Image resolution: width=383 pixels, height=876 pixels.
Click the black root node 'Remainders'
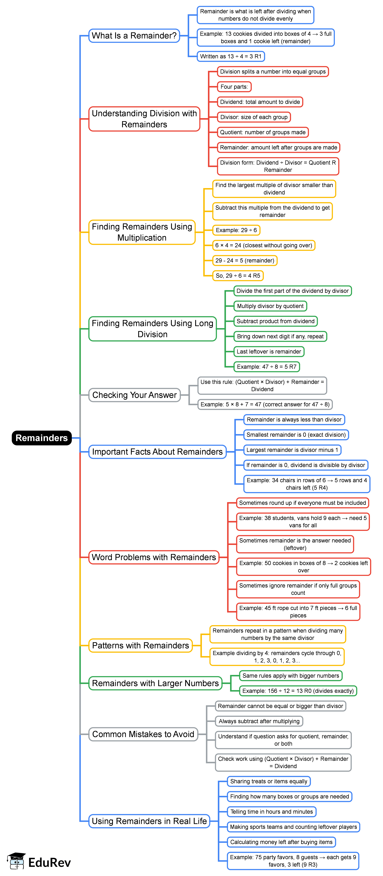pos(42,438)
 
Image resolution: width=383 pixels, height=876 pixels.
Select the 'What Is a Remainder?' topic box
pos(134,36)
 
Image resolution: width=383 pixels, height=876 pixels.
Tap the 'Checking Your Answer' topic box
pos(134,395)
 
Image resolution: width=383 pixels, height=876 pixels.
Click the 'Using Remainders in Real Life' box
pos(149,821)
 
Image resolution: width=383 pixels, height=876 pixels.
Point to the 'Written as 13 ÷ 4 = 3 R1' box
pos(231,56)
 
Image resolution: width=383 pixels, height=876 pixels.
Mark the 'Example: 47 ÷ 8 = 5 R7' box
pos(267,367)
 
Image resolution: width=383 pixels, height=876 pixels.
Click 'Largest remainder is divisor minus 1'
pos(292,450)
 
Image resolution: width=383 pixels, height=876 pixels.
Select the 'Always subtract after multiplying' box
pos(259,721)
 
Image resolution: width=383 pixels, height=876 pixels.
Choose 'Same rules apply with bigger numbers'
pos(291,676)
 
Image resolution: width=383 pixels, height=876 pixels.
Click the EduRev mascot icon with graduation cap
pos(16,861)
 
